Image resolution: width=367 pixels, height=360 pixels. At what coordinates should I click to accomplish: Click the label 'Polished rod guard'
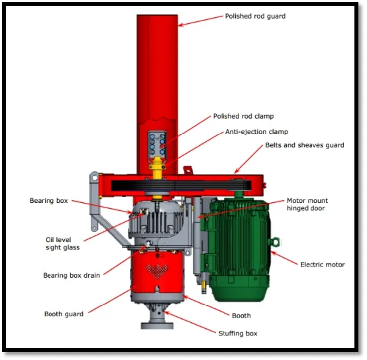pyautogui.click(x=255, y=16)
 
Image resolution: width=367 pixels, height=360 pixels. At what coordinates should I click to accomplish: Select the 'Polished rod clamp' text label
pyautogui.click(x=243, y=116)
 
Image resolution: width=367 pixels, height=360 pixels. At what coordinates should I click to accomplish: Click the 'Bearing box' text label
pyautogui.click(x=49, y=200)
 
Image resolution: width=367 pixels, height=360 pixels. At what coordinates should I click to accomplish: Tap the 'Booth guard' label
pyautogui.click(x=64, y=314)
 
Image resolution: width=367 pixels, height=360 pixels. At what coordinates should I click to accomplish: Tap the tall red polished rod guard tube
pyautogui.click(x=158, y=66)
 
